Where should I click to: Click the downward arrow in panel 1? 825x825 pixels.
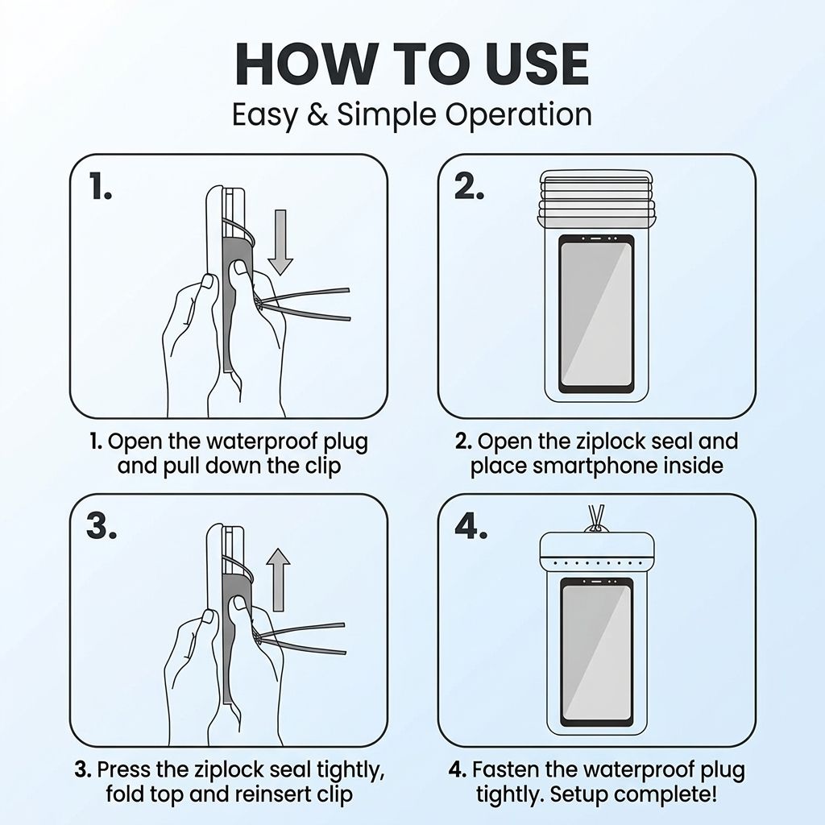pos(280,242)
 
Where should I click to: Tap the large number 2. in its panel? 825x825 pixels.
pos(469,186)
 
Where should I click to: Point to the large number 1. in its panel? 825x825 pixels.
pos(101,186)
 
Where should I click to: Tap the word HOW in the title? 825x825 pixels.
pos(306,64)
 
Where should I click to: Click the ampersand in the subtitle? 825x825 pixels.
pos(317,114)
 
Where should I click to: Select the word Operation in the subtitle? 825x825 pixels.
pos(519,115)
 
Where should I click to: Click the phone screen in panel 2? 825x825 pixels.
pos(596,314)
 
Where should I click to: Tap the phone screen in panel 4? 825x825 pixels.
pos(596,652)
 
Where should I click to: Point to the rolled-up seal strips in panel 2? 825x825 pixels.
pos(596,198)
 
